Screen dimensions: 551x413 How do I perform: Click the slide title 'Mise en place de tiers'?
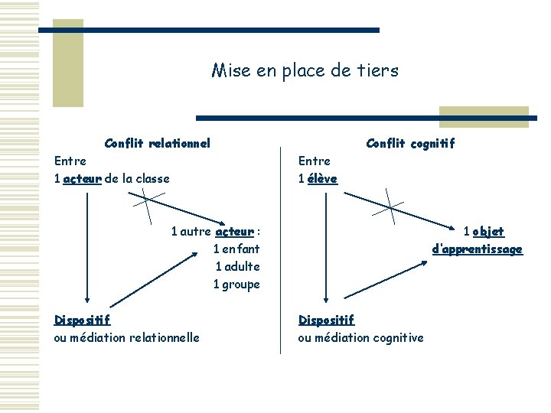point(305,71)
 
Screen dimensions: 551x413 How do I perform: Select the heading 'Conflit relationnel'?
point(157,142)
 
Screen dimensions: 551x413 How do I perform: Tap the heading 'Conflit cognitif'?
point(410,143)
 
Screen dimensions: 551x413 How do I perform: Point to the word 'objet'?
point(488,232)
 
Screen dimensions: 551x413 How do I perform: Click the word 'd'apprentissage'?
point(477,249)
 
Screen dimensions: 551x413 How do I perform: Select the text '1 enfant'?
point(236,249)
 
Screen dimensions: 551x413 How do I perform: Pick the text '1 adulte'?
point(237,267)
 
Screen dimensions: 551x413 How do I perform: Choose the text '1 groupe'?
point(236,285)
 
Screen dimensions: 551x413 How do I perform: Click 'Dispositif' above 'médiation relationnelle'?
point(82,320)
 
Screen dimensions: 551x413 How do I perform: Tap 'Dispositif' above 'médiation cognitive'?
point(326,320)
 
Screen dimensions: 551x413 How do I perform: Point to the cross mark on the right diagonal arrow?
point(390,206)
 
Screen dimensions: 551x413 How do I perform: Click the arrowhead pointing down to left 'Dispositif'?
point(87,300)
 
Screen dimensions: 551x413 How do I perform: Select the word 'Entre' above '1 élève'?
point(314,161)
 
